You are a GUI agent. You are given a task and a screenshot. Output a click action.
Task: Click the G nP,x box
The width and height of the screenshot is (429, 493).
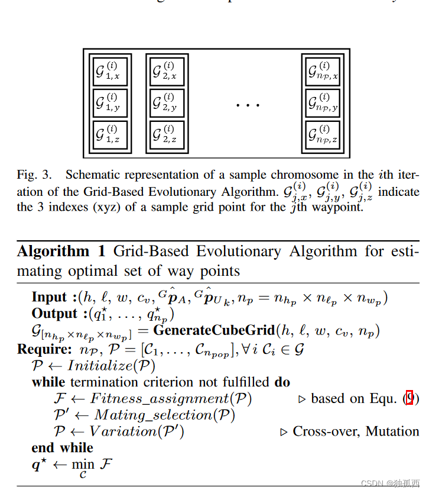323,72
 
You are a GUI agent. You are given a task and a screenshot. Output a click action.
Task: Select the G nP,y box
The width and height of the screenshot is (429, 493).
323,103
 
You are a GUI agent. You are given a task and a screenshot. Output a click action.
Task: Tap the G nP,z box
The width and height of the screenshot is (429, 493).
323,135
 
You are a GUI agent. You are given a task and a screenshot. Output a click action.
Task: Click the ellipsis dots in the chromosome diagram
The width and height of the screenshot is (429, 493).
248,105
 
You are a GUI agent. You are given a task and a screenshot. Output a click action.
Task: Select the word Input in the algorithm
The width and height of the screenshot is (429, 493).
50,297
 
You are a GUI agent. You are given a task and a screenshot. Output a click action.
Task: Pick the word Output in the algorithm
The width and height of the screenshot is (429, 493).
55,314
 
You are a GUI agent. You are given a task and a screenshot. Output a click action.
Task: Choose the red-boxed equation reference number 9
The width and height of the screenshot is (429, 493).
410,398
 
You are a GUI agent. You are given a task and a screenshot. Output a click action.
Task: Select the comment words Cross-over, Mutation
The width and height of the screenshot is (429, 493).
356,431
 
